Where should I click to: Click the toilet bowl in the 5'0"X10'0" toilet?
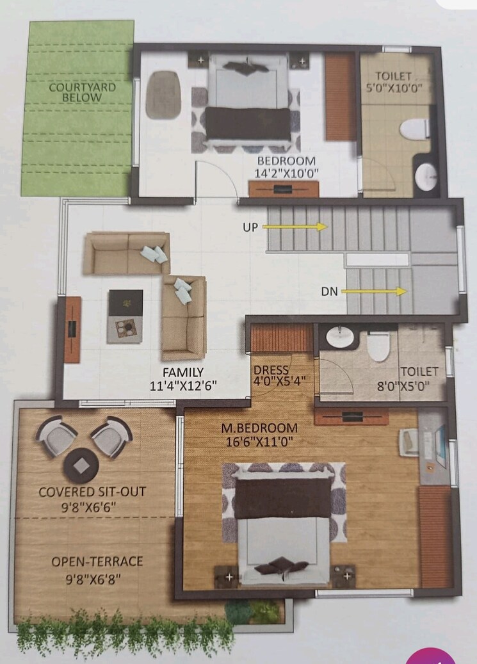[414, 129]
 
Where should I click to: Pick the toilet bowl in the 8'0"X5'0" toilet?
[379, 346]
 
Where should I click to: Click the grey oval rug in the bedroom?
[163, 94]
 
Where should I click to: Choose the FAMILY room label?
[182, 372]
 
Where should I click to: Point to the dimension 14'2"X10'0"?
[286, 173]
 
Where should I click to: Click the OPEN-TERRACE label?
[97, 562]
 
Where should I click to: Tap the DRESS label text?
[271, 371]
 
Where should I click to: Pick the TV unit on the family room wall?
[72, 330]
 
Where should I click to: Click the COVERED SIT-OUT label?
[92, 492]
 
